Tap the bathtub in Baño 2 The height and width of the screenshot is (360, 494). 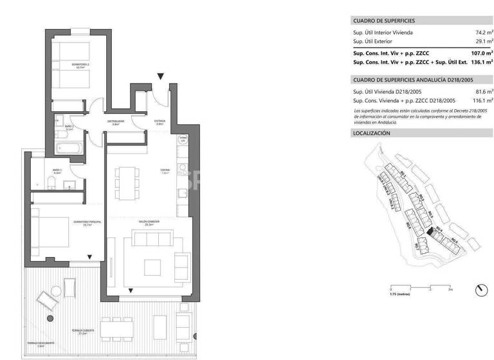coord(69,147)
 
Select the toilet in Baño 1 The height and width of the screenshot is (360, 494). coord(51,186)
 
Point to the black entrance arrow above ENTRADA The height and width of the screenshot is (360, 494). coord(160,77)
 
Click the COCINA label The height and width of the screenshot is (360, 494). coord(165,171)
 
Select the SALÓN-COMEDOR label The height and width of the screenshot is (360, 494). coord(149,222)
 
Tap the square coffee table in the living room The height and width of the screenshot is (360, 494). coord(152,267)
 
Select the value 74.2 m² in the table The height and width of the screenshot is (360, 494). coord(483,32)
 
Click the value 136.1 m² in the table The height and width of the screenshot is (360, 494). coord(481,63)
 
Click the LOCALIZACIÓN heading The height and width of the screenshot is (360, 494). coord(372,133)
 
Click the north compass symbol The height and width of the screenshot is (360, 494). coord(480,290)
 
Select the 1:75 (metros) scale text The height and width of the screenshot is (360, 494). coord(399,294)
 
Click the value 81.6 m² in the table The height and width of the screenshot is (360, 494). coord(484,92)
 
